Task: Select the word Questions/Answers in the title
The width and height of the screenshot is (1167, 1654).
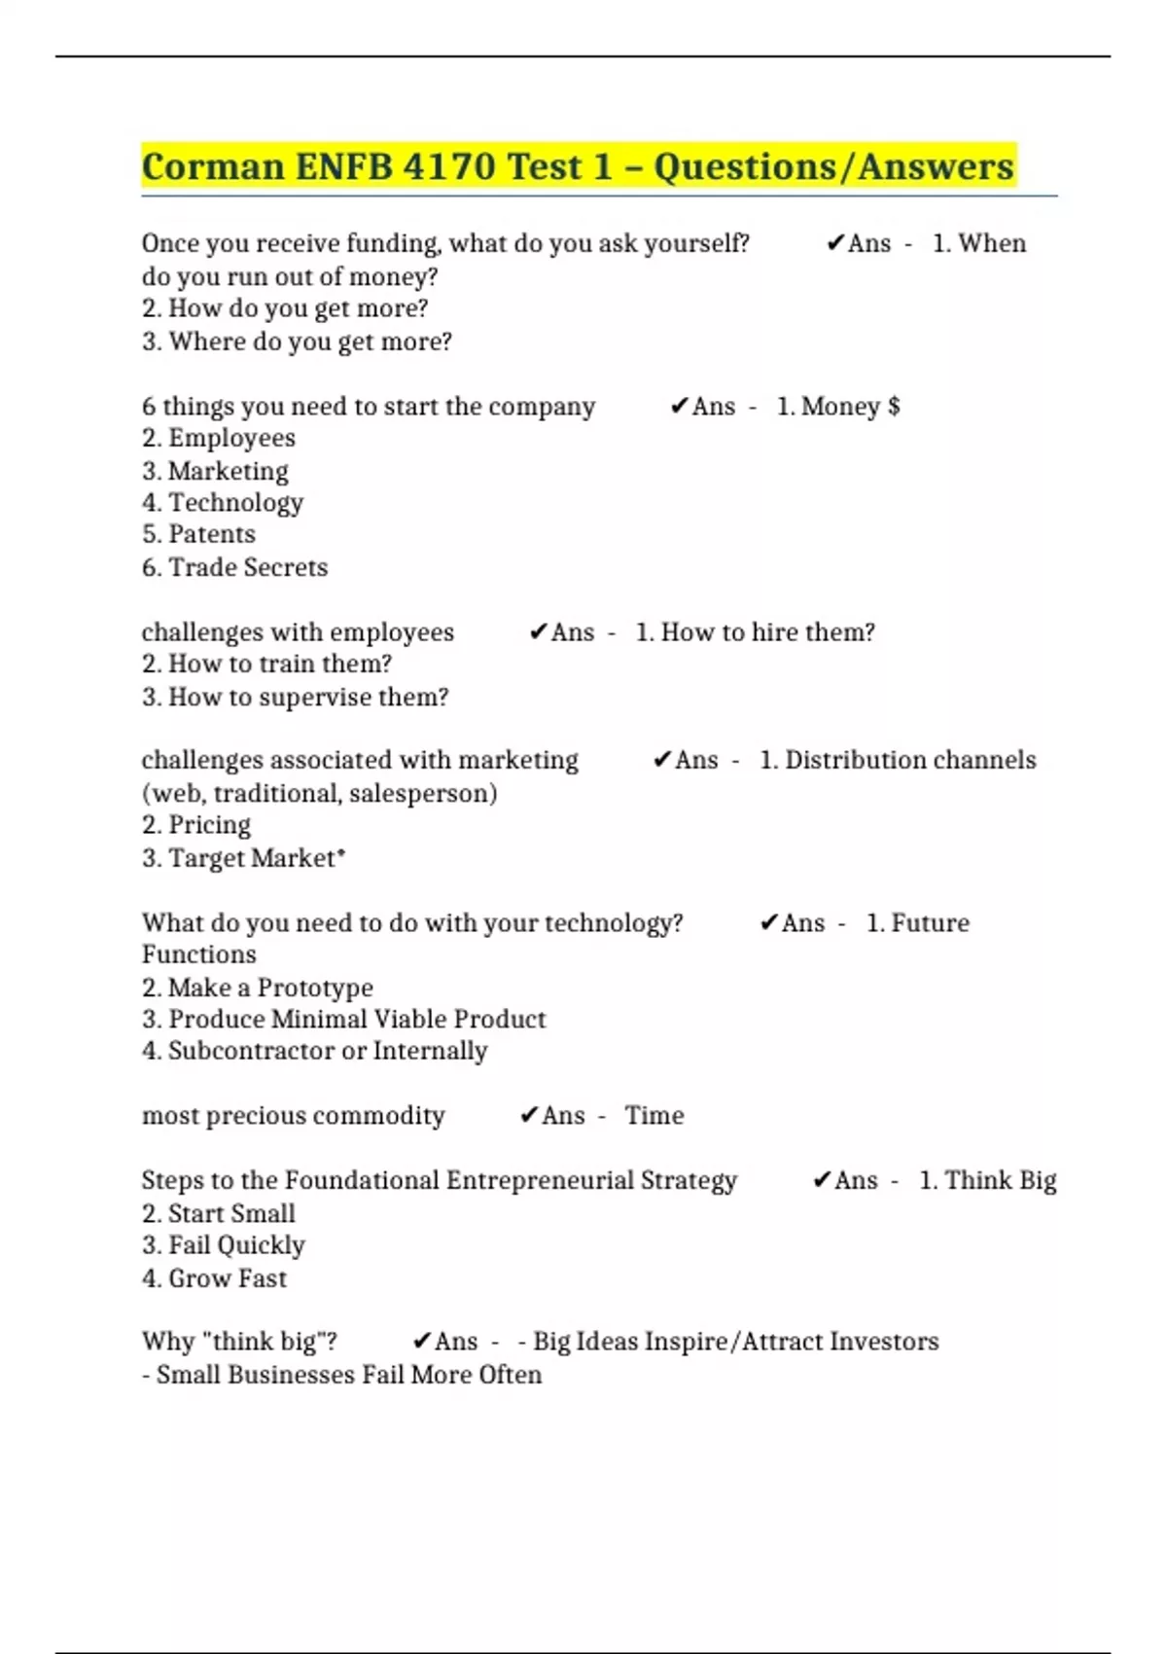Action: [x=833, y=166]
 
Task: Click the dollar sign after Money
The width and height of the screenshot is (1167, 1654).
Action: [x=894, y=406]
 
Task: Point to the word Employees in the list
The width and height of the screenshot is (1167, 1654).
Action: [x=231, y=438]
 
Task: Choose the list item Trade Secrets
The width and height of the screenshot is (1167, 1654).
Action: [x=248, y=567]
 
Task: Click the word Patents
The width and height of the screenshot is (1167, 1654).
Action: [x=211, y=534]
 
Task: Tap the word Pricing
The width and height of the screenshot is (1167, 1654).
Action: [x=209, y=825]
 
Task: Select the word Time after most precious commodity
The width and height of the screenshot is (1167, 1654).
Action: [x=654, y=1115]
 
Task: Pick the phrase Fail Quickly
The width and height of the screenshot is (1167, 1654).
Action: [x=236, y=1245]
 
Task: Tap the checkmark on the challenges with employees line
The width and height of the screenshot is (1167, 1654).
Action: [x=538, y=632]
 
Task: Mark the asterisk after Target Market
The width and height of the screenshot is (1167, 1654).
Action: [x=340, y=854]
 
